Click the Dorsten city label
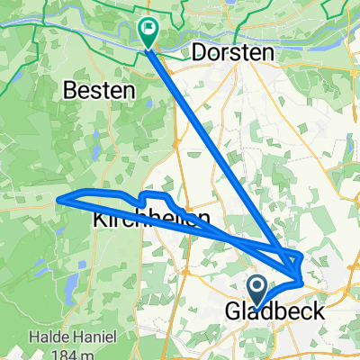[232, 54]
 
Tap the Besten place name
[100, 90]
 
